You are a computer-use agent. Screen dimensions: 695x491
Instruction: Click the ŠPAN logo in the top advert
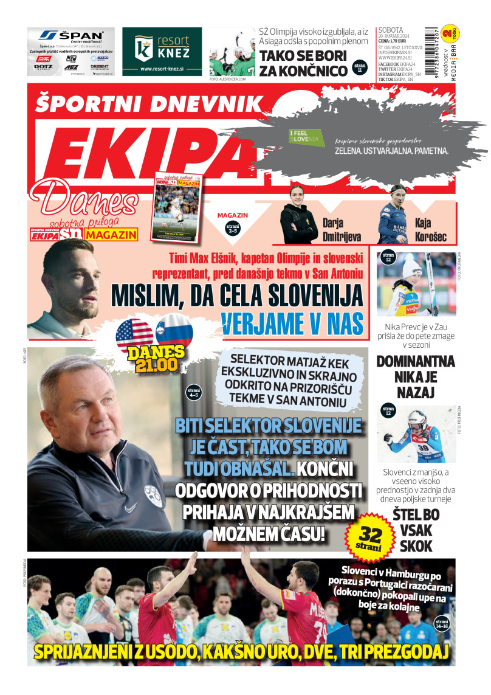70,35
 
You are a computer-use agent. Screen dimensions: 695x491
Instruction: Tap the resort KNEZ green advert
162,51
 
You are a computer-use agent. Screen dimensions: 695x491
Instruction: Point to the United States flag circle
134,333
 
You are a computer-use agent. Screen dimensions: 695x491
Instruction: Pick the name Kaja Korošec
431,227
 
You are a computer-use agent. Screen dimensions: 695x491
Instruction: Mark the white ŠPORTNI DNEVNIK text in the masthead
149,103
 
